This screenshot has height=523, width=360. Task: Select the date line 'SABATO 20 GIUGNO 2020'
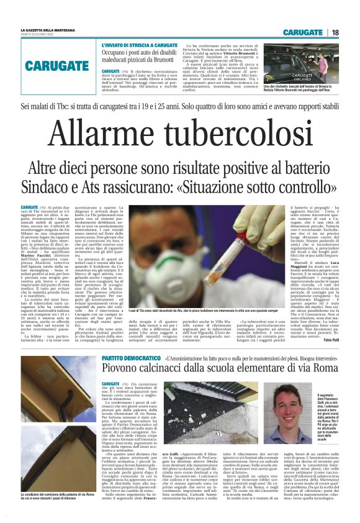pyautogui.click(x=39, y=35)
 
